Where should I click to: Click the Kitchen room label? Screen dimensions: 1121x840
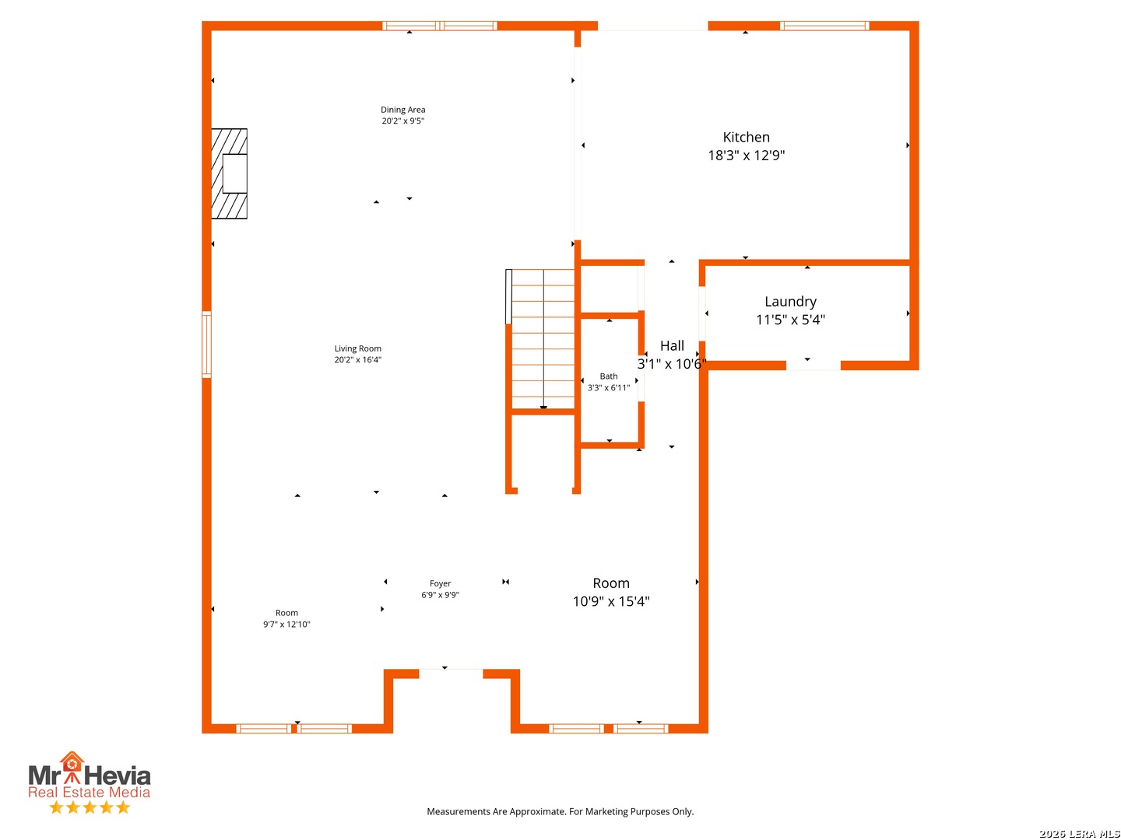click(746, 137)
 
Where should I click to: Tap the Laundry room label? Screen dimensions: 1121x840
click(790, 302)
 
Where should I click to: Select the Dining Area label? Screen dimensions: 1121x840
click(402, 109)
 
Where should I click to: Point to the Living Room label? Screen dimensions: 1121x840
click(357, 348)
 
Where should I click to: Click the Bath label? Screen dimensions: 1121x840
click(608, 376)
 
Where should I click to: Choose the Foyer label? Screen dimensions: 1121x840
click(440, 583)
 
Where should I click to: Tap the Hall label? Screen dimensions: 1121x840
click(672, 346)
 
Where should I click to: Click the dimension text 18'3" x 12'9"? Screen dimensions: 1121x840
click(746, 155)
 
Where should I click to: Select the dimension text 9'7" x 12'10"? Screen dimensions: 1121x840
click(286, 625)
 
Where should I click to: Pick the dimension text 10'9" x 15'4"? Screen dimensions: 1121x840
click(611, 601)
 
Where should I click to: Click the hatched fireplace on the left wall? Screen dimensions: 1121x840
click(230, 173)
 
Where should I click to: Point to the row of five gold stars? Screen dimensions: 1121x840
click(90, 807)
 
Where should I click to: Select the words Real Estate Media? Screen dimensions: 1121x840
click(89, 792)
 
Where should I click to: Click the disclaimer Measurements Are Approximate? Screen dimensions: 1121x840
click(560, 811)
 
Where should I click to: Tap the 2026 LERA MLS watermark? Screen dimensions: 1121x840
click(1079, 833)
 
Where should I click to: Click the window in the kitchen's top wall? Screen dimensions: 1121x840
click(824, 26)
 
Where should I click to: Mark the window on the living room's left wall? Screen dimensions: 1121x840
click(206, 345)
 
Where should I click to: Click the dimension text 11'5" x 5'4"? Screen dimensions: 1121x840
click(790, 320)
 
